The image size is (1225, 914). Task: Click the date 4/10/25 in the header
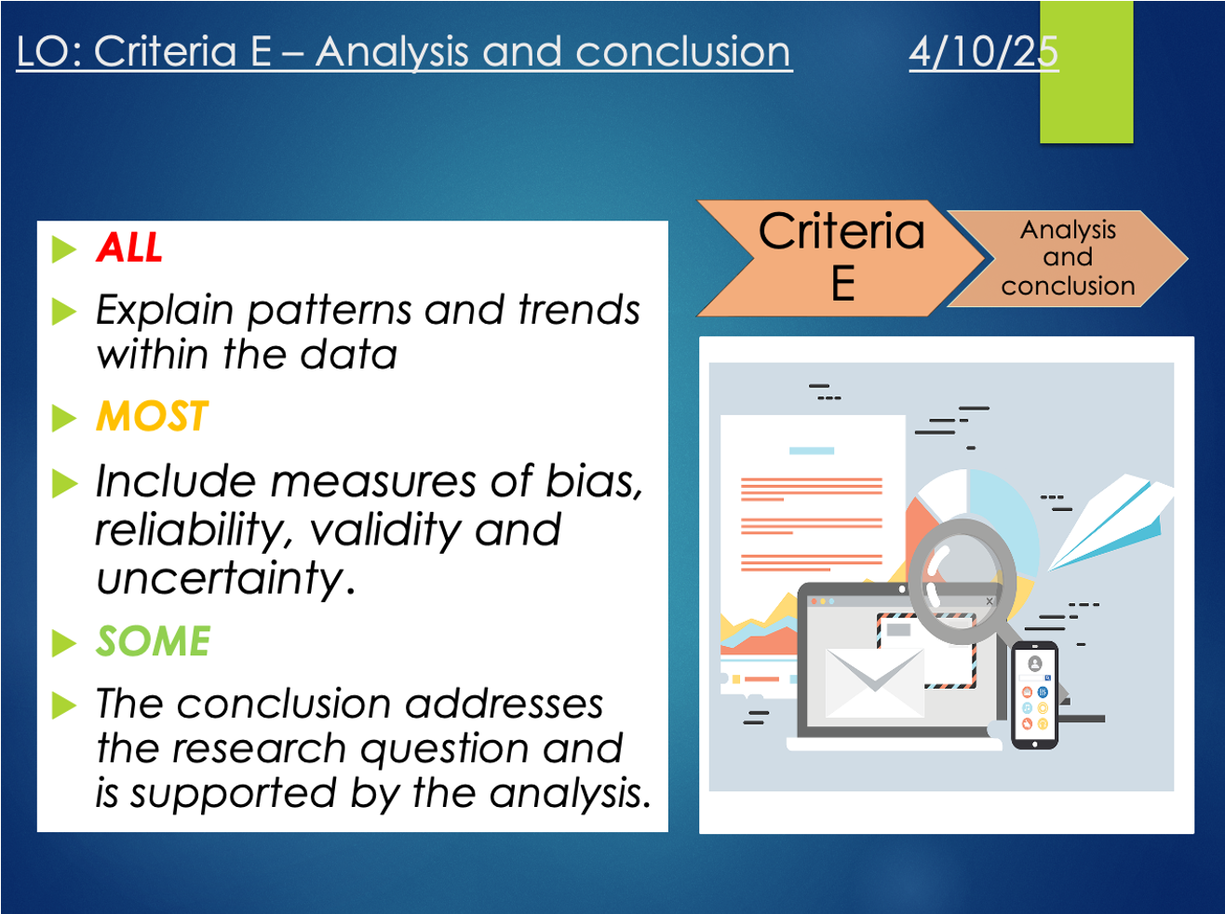pyautogui.click(x=983, y=51)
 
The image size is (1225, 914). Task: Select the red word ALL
pyautogui.click(x=128, y=247)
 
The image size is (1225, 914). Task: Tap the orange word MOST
pyautogui.click(x=152, y=416)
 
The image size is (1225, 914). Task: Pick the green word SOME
pyautogui.click(x=153, y=640)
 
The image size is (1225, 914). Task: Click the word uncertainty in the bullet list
pyautogui.click(x=225, y=578)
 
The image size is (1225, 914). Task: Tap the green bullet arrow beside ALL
pyautogui.click(x=63, y=249)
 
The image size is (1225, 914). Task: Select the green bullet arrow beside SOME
pyautogui.click(x=63, y=643)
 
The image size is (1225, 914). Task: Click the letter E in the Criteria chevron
pyautogui.click(x=842, y=283)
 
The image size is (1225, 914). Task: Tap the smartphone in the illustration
pyautogui.click(x=1035, y=695)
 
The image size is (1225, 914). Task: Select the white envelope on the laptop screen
pyautogui.click(x=874, y=682)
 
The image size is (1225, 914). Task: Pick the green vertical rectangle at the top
pyautogui.click(x=1086, y=72)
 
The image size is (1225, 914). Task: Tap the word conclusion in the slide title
pyautogui.click(x=682, y=51)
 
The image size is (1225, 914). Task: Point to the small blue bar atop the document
pyautogui.click(x=812, y=450)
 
